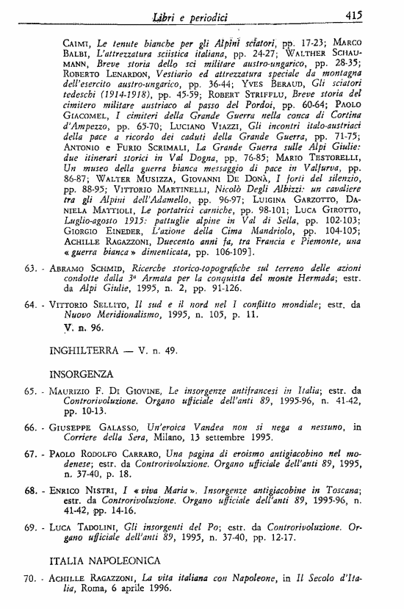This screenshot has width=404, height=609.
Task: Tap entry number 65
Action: pos(29,393)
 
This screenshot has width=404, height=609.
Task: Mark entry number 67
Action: pos(29,455)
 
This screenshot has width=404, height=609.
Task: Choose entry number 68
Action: pos(29,489)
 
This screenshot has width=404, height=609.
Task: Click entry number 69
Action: pos(29,527)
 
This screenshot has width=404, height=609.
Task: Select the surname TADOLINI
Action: pos(109,527)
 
